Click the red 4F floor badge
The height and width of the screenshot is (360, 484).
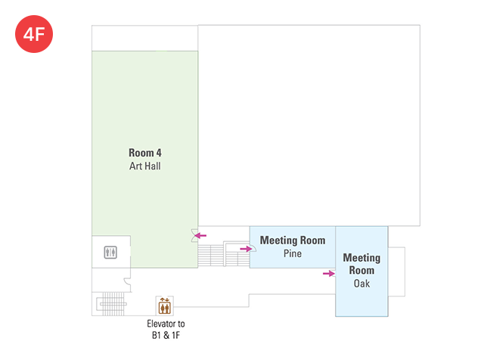pos(34,34)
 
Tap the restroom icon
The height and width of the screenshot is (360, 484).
pos(110,253)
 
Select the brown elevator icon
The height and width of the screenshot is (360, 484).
pos(165,306)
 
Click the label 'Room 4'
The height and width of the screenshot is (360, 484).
pos(145,153)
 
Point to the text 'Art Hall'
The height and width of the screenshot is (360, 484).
pos(145,166)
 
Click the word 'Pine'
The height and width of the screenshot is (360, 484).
pos(293,253)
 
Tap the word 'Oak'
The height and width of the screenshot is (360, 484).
pos(361,284)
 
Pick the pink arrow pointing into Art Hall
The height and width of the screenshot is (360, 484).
pos(200,235)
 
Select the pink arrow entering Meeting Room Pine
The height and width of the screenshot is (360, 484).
pos(246,249)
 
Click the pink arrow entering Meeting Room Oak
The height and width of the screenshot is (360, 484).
pos(329,274)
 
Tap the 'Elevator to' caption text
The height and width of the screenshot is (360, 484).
pos(166,324)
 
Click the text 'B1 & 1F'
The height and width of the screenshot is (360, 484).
pos(166,335)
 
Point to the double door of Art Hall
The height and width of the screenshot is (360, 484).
pos(194,235)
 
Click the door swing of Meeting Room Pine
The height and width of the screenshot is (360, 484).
pos(254,248)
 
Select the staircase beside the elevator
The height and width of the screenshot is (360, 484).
pos(112,304)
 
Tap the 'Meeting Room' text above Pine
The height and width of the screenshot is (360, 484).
pos(293,241)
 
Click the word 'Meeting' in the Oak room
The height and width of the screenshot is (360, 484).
pos(361,257)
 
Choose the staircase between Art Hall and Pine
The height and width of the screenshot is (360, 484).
pos(224,255)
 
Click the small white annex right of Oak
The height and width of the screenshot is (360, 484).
pos(396,272)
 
